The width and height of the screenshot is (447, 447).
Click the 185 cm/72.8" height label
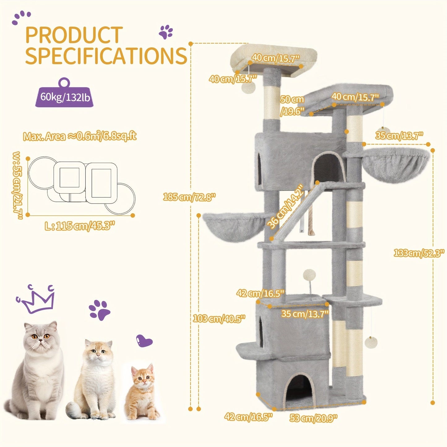click(189, 197)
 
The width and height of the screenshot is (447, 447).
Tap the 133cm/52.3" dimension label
click(419, 253)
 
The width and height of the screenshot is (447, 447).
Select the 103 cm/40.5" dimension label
click(219, 318)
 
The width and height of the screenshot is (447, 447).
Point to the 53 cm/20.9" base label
click(313, 418)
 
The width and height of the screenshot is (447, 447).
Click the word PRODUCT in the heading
click(74, 35)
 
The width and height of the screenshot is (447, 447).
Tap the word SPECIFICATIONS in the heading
click(106, 55)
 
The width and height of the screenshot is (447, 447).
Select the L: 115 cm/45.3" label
click(80, 226)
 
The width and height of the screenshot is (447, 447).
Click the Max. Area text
click(80, 136)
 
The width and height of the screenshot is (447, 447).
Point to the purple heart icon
click(144, 342)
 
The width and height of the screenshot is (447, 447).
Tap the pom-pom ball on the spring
click(309, 274)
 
